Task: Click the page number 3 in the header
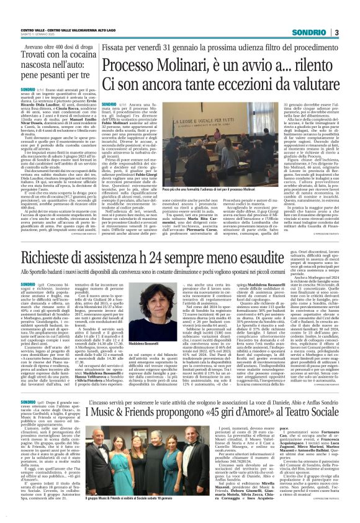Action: tap(353, 14)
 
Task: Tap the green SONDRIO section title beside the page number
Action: tap(328, 14)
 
